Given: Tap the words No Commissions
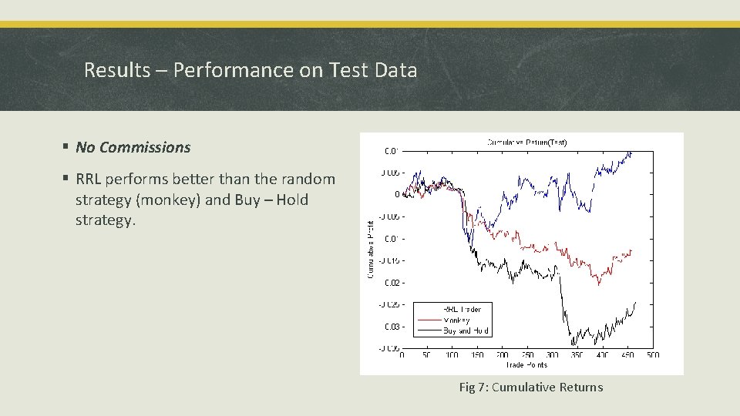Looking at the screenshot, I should [x=133, y=146].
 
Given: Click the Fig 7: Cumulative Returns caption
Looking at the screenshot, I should [x=530, y=387].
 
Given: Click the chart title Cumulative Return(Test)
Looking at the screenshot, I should [x=526, y=142].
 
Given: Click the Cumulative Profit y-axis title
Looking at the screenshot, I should [x=370, y=250].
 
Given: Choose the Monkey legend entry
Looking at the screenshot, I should [x=456, y=320].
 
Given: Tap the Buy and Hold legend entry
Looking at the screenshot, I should [x=466, y=330].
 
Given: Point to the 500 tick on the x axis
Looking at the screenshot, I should [x=652, y=356].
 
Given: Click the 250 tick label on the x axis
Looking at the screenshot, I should [x=526, y=356].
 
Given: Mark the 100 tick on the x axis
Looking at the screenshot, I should [x=452, y=356].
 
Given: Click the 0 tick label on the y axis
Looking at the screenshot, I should [x=396, y=195].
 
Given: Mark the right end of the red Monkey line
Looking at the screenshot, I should [x=631, y=250].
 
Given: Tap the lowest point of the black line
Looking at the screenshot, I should [x=571, y=344].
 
